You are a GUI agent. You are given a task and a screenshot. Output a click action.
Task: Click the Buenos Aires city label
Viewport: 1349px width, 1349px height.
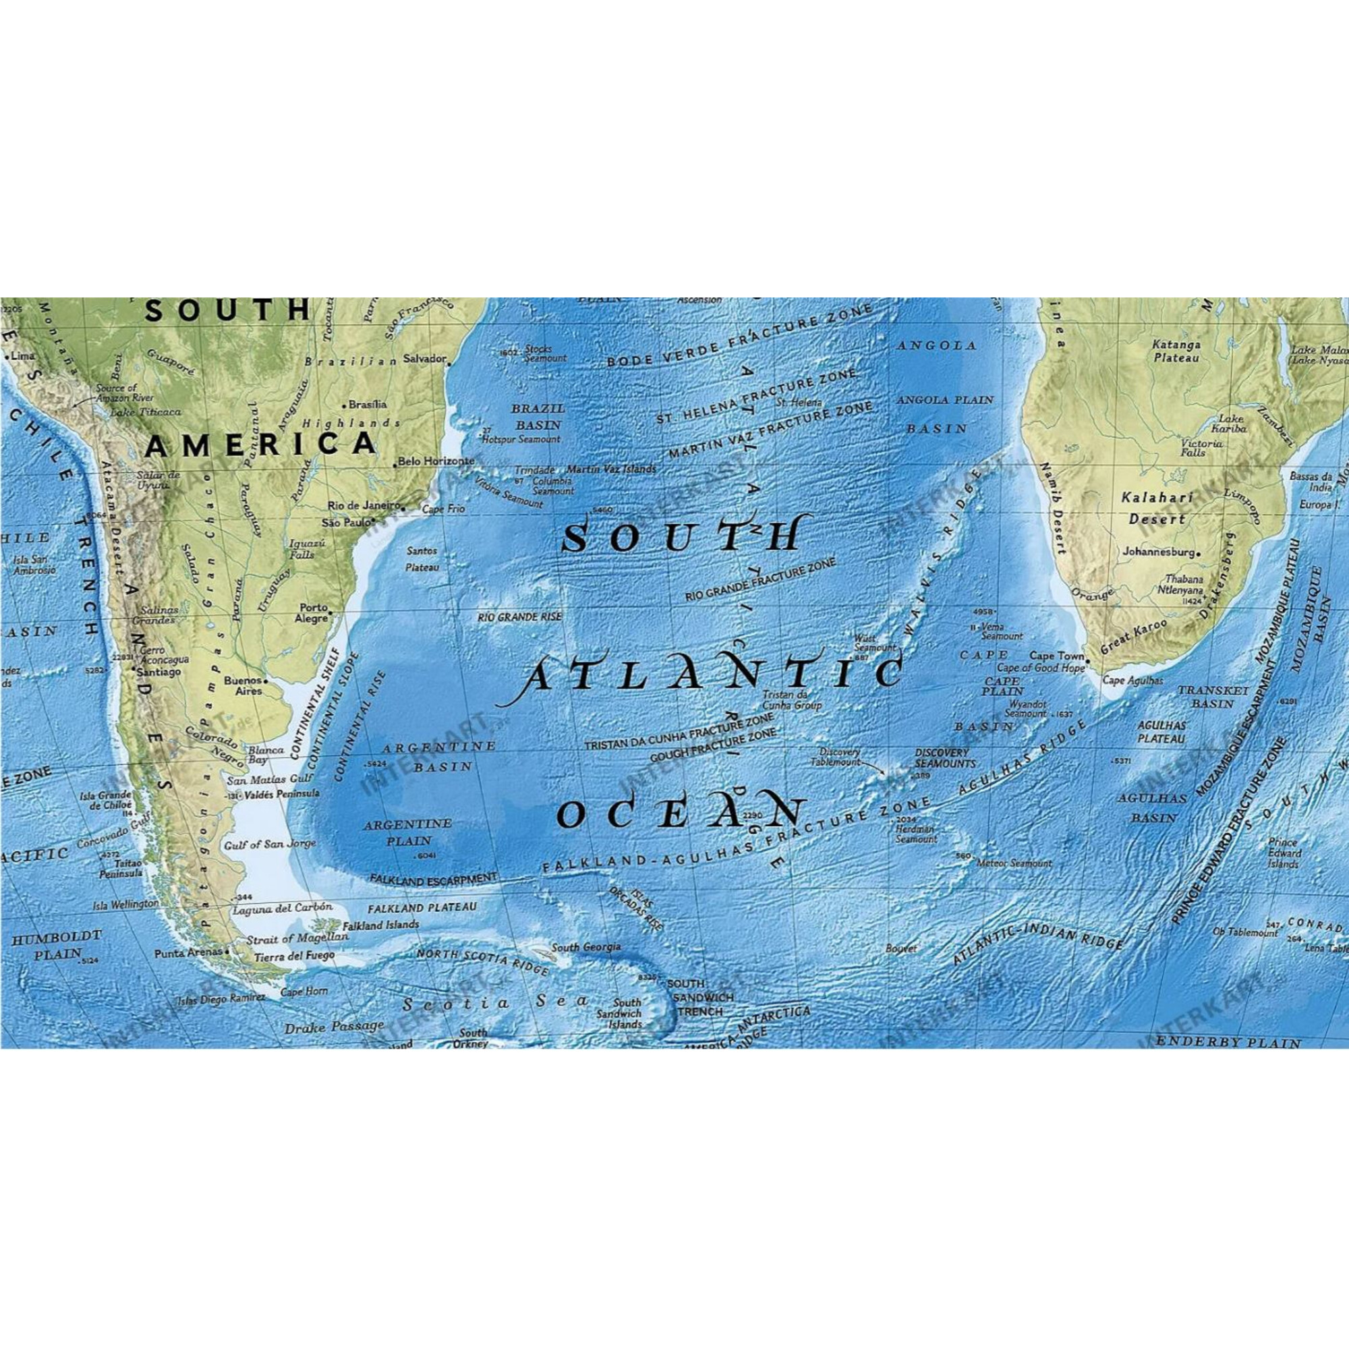[243, 685]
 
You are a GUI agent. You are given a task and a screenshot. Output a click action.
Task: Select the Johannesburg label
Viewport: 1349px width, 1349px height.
[1158, 552]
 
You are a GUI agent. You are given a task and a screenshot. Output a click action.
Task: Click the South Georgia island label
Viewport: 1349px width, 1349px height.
[586, 948]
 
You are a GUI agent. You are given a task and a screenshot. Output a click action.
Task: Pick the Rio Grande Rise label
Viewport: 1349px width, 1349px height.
[519, 617]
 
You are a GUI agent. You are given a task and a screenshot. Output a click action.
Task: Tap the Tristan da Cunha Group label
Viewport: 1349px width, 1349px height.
[791, 700]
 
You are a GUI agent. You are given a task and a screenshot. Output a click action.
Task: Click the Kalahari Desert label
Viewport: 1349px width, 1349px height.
[1157, 509]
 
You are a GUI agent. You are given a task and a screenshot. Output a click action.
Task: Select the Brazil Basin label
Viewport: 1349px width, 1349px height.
[538, 416]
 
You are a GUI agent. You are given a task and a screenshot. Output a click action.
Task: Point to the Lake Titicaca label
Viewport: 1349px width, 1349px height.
[145, 412]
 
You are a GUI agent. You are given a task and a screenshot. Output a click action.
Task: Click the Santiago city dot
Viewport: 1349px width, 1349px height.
[133, 668]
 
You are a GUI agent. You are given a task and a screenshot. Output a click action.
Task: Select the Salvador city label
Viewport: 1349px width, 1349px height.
[424, 359]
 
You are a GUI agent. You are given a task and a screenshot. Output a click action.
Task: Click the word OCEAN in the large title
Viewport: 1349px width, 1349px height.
[681, 813]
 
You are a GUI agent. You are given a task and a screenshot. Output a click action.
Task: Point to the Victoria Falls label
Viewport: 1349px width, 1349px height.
[1202, 448]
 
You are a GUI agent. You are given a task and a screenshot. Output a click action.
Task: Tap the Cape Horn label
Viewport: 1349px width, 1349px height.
[304, 992]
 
